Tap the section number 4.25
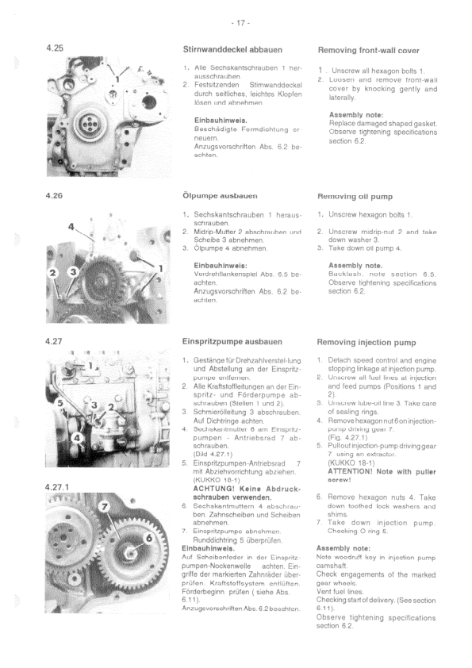click(x=57, y=48)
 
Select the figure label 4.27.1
click(x=60, y=486)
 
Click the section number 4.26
click(x=57, y=193)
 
